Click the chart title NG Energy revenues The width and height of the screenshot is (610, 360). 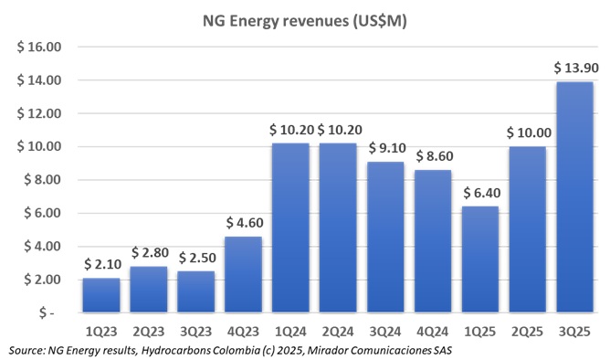coord(304,21)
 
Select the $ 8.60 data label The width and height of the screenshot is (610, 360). coord(433,156)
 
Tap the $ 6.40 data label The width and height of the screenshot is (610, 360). coord(479,193)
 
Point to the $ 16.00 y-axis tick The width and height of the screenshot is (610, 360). coord(37,47)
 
